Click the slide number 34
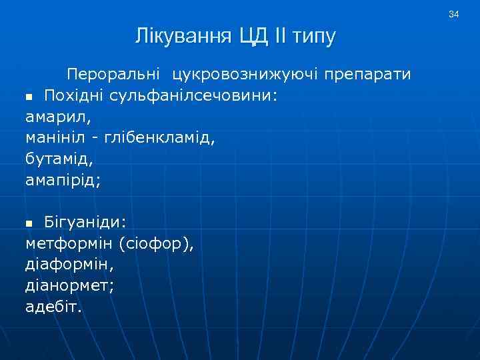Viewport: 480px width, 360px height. [x=454, y=14]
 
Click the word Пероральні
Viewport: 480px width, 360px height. [x=114, y=73]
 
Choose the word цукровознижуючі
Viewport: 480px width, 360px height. [x=245, y=73]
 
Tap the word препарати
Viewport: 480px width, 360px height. [x=369, y=73]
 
